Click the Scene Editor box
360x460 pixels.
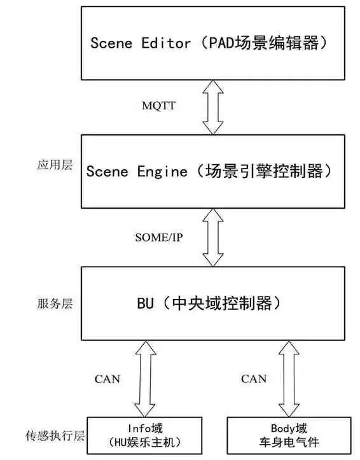pos(212,43)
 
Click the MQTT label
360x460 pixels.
pos(158,106)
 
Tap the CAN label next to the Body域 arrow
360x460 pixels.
pos(253,379)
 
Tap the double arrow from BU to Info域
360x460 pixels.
pos(146,378)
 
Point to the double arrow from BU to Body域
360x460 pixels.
pos(288,378)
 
